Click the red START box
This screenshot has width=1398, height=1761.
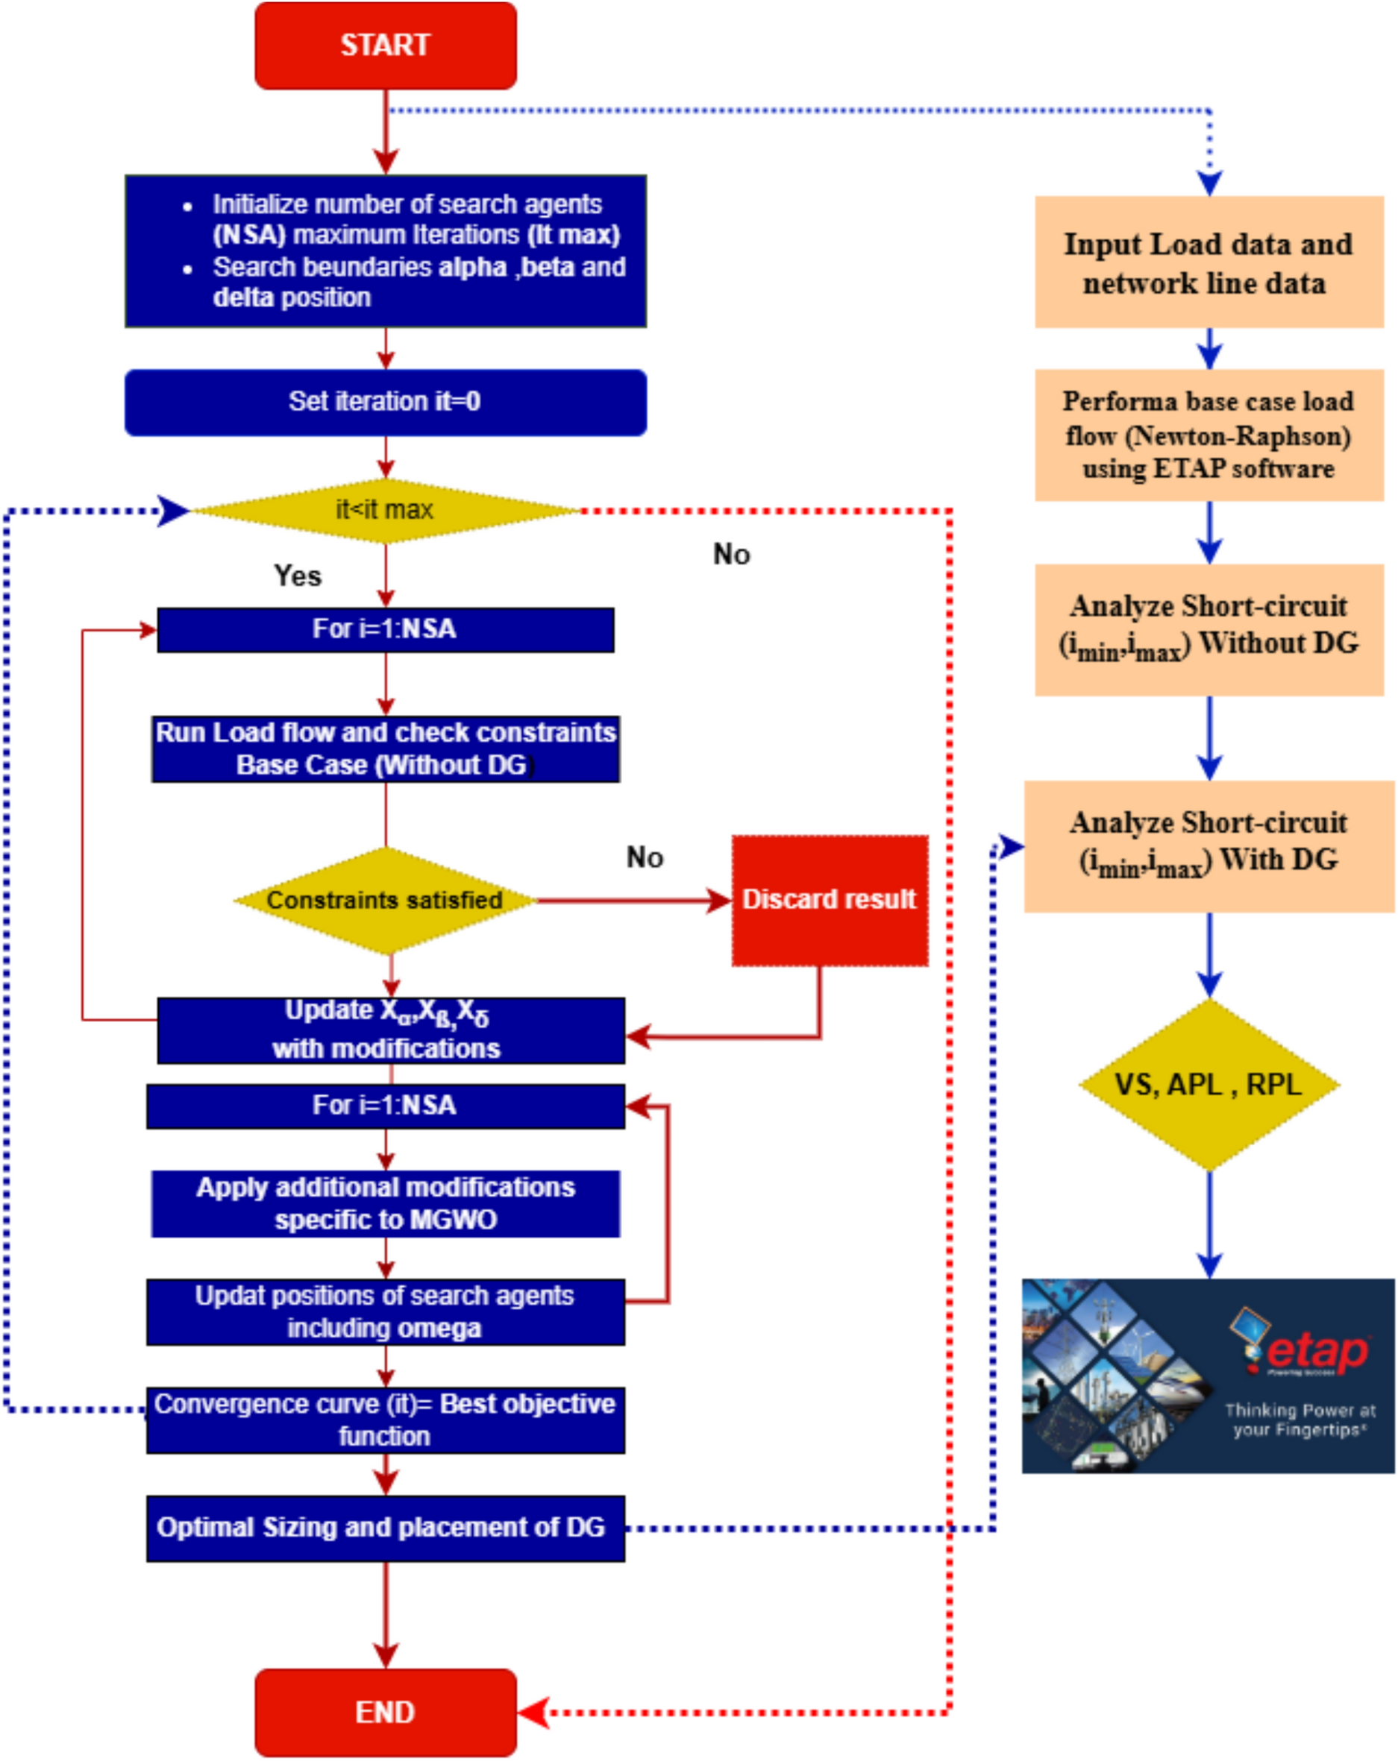point(385,45)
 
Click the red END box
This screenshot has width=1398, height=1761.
point(385,1712)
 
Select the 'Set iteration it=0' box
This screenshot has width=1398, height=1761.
point(385,402)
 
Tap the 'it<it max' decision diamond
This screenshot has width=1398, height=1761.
point(385,511)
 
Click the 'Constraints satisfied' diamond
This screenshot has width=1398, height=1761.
point(385,900)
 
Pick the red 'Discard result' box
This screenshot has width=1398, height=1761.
point(830,900)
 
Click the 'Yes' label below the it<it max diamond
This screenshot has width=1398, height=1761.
point(298,576)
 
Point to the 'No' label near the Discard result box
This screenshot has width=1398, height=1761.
point(645,857)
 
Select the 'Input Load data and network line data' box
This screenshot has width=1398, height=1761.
point(1209,262)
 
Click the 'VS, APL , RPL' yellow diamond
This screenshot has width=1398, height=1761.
point(1209,1085)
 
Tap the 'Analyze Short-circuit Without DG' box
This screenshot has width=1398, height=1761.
point(1209,629)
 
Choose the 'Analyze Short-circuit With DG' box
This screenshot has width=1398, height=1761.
point(1209,846)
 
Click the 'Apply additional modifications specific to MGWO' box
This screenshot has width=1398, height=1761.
point(385,1203)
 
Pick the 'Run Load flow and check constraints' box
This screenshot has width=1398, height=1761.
point(385,749)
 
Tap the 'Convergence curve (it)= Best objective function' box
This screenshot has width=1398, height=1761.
point(385,1420)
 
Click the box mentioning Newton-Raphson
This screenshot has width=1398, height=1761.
point(1209,435)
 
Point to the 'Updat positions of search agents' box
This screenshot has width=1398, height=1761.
point(385,1311)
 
